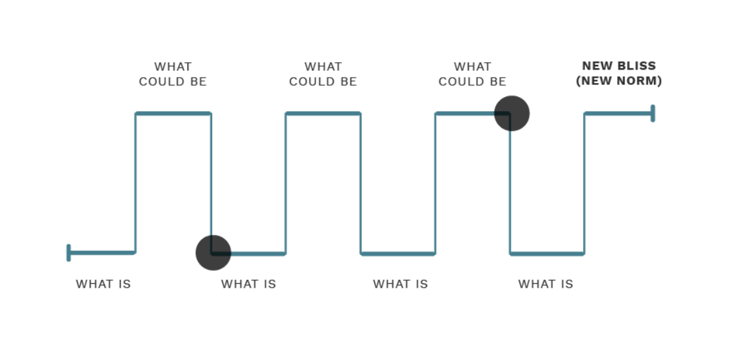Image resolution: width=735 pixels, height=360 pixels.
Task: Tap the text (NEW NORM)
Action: click(619, 81)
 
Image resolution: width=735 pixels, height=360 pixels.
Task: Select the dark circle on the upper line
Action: click(512, 113)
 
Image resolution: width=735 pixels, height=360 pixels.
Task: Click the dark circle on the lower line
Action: click(213, 253)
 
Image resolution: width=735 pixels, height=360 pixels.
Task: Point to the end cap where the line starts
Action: click(69, 252)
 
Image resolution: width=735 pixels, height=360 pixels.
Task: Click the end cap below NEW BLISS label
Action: click(653, 113)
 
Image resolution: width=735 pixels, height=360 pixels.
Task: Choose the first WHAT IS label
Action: click(103, 284)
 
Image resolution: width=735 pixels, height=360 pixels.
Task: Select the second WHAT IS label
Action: click(248, 284)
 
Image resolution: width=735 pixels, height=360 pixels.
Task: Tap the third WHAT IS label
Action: click(400, 284)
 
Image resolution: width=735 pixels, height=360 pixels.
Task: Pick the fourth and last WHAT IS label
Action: click(546, 284)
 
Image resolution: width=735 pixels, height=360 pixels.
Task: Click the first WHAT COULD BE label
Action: click(173, 74)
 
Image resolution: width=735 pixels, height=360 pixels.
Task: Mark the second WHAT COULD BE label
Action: click(323, 74)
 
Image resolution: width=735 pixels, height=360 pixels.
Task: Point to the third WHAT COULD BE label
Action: click(473, 74)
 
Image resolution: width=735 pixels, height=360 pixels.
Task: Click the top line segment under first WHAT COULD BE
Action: click(173, 113)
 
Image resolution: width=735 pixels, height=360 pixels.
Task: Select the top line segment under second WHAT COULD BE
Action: click(323, 113)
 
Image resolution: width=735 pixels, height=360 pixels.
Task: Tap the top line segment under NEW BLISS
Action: click(617, 113)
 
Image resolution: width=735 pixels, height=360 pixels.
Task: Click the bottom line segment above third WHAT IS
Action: click(398, 254)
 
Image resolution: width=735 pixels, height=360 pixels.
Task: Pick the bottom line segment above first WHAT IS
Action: click(102, 252)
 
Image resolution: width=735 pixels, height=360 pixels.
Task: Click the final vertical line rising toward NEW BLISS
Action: click(584, 184)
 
